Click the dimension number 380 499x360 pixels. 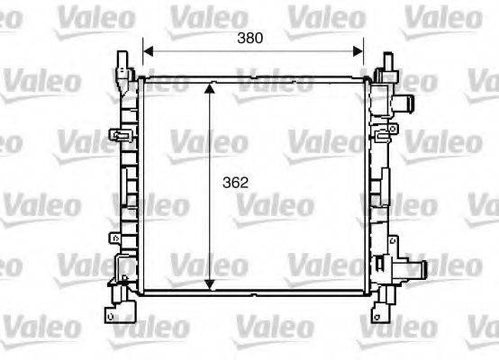249,38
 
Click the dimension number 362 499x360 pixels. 235,182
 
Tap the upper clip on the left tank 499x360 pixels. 119,137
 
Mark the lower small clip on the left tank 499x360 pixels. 116,239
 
